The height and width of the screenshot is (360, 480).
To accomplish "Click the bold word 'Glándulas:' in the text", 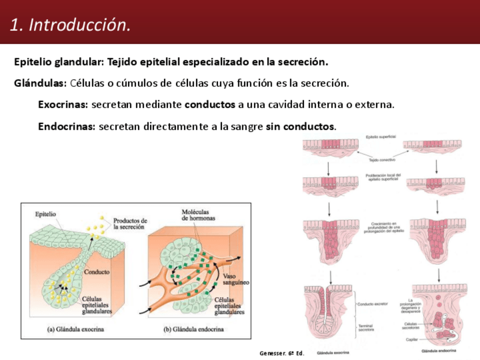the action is click(40, 83).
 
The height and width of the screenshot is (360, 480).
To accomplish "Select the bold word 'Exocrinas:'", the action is click(63, 105).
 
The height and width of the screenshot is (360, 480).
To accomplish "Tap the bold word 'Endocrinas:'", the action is click(66, 126).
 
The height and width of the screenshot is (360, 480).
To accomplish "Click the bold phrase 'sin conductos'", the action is click(300, 126).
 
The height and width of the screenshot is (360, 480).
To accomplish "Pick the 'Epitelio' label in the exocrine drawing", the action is click(45, 215).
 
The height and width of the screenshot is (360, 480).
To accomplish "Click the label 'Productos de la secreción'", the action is click(130, 223).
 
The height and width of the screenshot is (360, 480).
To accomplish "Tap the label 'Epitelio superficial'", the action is click(381, 137).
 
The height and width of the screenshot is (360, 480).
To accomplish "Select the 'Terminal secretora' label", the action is click(367, 328).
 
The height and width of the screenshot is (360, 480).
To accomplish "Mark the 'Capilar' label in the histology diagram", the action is click(413, 340).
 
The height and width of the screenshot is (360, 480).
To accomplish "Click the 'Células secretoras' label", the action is click(412, 326).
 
